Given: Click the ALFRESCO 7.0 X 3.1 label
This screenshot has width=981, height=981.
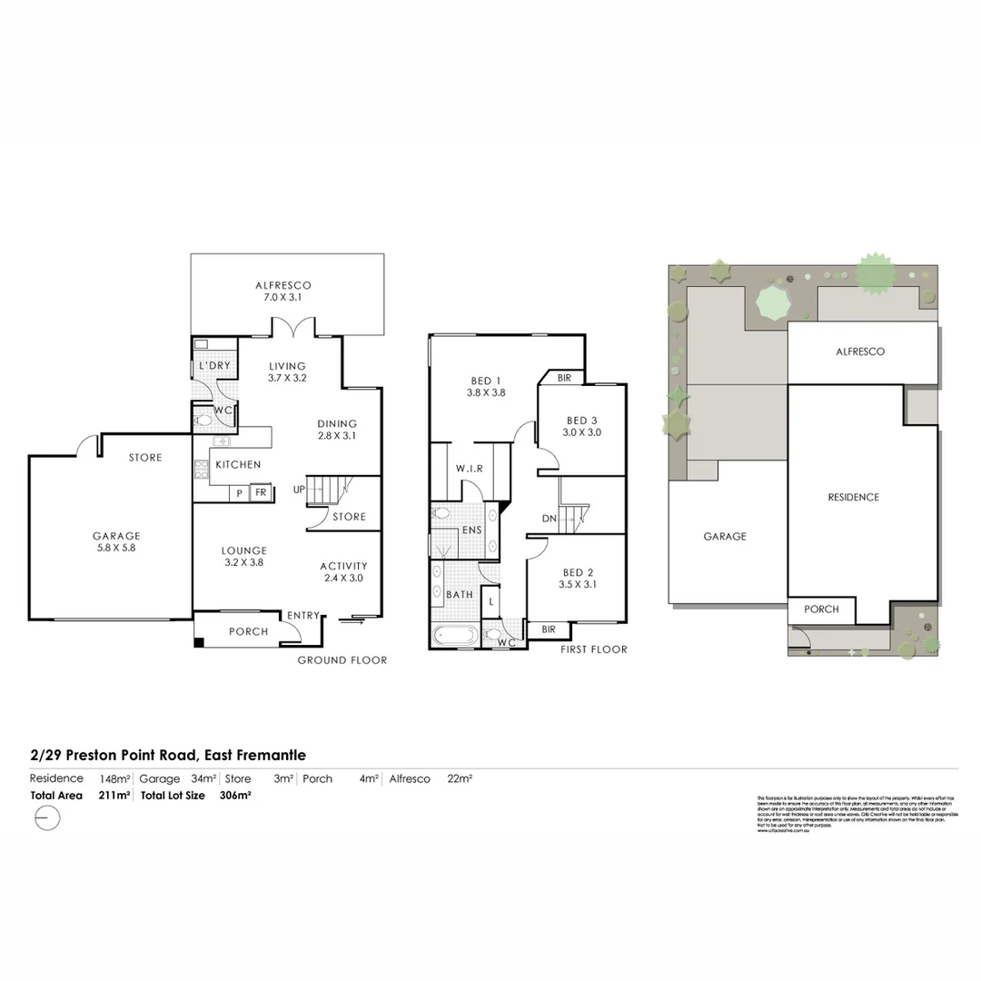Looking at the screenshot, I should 282,291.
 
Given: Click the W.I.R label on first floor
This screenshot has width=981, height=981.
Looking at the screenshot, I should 469,470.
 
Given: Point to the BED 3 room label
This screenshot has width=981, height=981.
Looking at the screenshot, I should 582,426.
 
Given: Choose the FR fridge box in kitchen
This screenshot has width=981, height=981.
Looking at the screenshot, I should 260,492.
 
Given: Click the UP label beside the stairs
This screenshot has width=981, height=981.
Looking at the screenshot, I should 299,489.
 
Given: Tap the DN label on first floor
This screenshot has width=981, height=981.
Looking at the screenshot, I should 549,518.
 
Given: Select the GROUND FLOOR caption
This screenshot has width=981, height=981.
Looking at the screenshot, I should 342,660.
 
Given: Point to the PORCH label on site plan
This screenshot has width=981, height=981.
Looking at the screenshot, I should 821,609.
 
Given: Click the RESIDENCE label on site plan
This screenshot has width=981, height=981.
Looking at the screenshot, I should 853,498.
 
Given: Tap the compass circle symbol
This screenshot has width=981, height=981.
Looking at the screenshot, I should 45,817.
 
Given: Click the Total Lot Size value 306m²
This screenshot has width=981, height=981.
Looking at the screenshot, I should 235,796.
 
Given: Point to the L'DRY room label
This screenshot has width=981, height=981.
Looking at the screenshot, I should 214,365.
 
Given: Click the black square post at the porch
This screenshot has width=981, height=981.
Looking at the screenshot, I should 199,643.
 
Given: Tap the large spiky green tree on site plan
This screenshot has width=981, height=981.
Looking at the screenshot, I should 876,272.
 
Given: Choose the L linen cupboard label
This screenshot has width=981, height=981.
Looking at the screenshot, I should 491,600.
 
